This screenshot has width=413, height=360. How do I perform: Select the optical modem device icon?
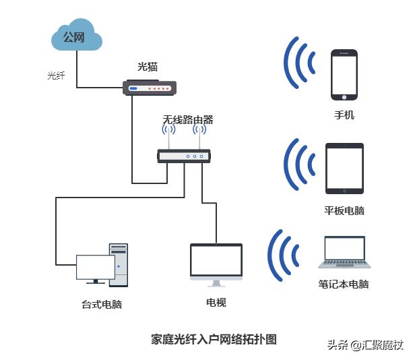(150, 88)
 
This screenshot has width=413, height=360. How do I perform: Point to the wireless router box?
(184, 156)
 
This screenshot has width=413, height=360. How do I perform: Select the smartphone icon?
(344, 73)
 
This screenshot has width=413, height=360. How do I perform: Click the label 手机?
(344, 115)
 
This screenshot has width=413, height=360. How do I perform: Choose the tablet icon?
(344, 169)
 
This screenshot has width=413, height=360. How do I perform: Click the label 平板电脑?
(344, 211)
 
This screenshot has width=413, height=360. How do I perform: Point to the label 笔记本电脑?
(344, 284)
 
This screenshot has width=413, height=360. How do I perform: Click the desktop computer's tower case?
(119, 264)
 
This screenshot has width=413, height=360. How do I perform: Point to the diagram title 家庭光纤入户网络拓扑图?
(214, 339)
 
